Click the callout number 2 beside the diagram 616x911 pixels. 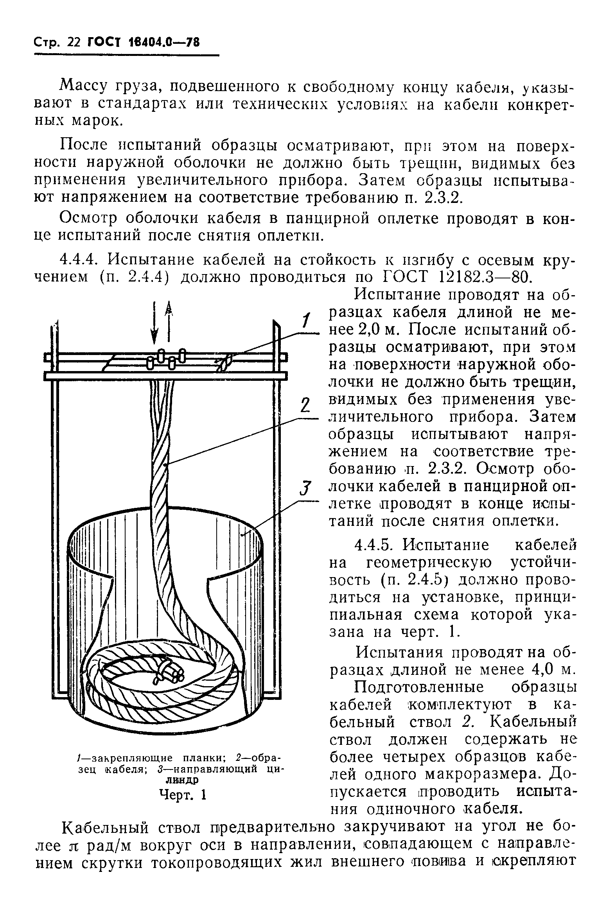tap(305, 405)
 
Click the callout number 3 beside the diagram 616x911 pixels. tap(305, 489)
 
